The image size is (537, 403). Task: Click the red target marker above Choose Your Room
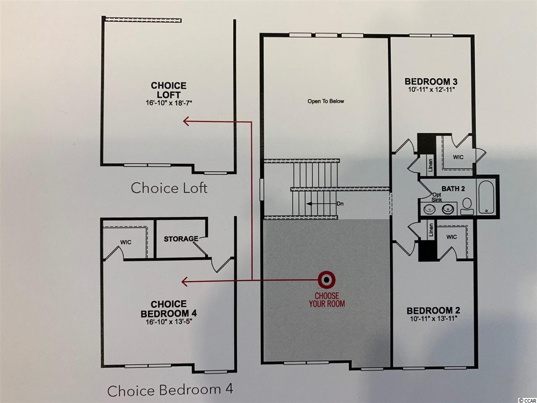click(326, 280)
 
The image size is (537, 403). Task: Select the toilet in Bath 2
click(467, 206)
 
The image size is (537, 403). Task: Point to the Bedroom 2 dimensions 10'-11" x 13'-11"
click(433, 319)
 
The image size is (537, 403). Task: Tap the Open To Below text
click(326, 101)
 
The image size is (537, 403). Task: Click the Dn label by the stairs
click(340, 204)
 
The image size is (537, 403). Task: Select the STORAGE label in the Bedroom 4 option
click(181, 239)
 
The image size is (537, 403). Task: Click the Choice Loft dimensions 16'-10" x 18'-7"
click(169, 103)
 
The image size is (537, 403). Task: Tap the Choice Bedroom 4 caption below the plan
click(170, 390)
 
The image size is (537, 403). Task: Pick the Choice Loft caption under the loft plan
click(169, 188)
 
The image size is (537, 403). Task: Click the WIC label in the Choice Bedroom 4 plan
click(126, 242)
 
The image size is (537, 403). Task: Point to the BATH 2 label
click(453, 188)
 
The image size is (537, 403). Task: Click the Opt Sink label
click(436, 197)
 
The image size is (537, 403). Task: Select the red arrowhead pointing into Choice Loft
click(186, 121)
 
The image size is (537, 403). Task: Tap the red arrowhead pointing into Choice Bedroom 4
click(185, 281)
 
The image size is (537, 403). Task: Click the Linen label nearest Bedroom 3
click(430, 165)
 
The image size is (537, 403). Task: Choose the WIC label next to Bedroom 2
click(451, 237)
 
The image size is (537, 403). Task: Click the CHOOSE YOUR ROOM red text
click(327, 300)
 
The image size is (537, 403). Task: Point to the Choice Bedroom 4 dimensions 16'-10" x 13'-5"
click(169, 321)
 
